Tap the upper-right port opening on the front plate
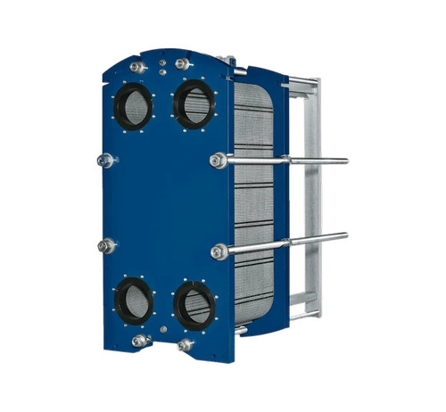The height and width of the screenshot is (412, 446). coord(194,103)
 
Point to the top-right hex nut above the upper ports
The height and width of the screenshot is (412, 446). coord(183,64)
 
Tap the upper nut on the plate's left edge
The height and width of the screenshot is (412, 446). coord(106,161)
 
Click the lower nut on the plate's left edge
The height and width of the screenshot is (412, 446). coord(106,245)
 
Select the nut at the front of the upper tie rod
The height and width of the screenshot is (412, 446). coord(218,161)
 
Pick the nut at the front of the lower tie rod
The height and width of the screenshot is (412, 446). coord(219,252)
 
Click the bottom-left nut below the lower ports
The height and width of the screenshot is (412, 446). coord(139,342)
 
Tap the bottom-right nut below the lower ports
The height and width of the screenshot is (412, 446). coord(185,345)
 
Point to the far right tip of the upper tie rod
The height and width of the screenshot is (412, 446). coord(346,161)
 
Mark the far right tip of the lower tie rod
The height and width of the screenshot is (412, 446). coord(345,235)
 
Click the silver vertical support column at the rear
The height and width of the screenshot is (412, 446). coord(310,196)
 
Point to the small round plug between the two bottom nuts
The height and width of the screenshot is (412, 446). coord(162,335)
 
